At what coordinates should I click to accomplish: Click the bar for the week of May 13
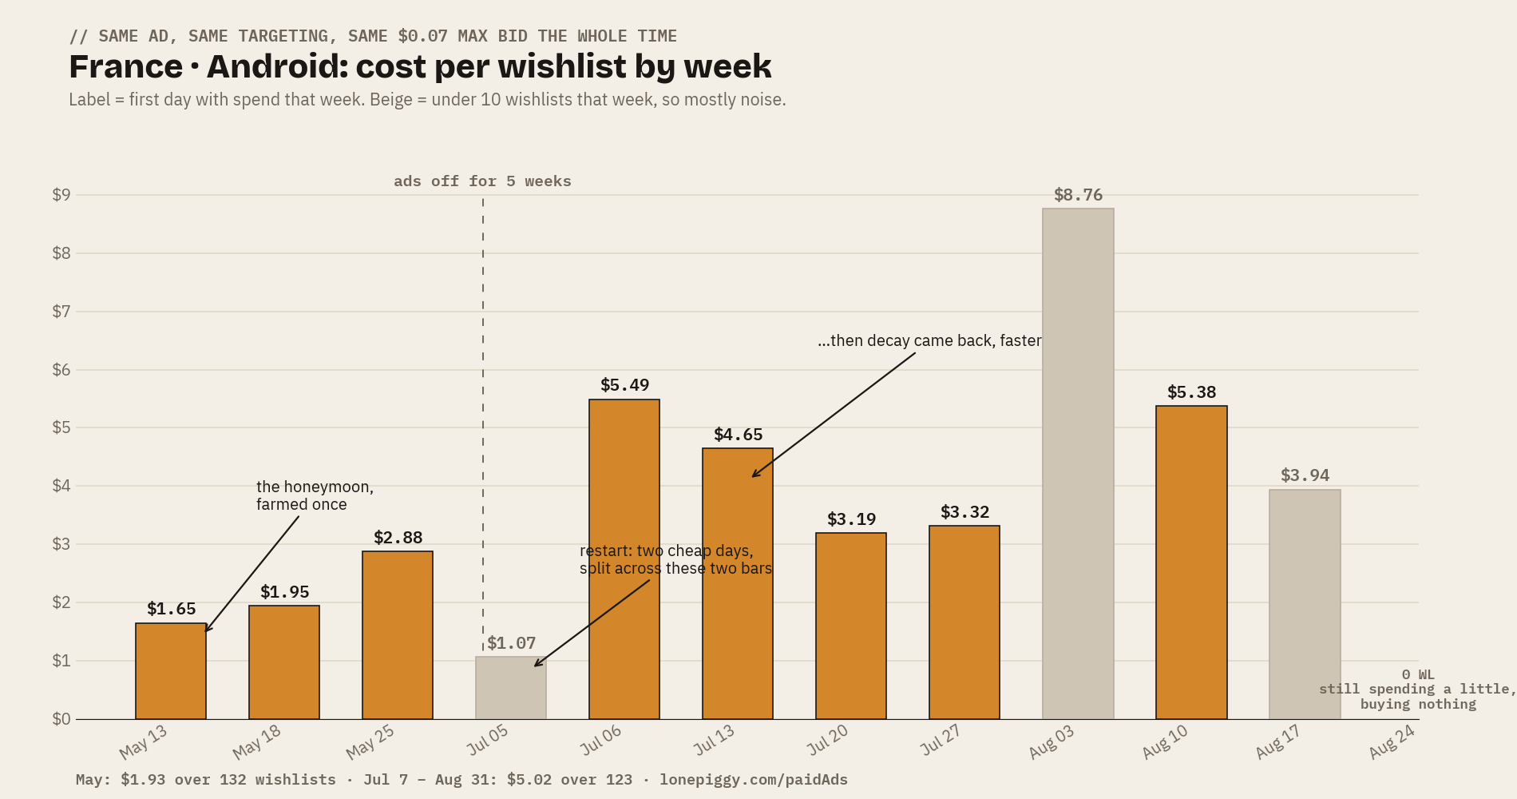(x=171, y=671)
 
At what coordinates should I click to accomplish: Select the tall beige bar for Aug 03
(x=1078, y=463)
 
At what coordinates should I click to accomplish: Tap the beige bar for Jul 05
(x=511, y=688)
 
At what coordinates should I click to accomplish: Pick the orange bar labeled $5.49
(x=624, y=559)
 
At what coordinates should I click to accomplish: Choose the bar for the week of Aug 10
(x=1191, y=562)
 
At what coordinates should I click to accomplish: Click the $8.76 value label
(x=1078, y=195)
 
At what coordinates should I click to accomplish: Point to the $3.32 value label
(x=964, y=512)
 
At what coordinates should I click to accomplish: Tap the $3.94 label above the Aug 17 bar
(x=1305, y=475)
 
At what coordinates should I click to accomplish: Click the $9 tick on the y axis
(x=61, y=195)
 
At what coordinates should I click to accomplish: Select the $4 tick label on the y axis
(x=61, y=486)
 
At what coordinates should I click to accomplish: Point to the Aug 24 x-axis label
(x=1392, y=742)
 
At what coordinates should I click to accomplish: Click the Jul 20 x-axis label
(x=826, y=741)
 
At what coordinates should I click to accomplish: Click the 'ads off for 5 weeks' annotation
(x=482, y=181)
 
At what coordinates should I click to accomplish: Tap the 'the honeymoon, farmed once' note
(x=315, y=495)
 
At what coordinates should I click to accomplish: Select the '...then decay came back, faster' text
(x=929, y=340)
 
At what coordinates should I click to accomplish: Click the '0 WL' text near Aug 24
(x=1418, y=674)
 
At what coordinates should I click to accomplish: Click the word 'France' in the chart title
(x=126, y=66)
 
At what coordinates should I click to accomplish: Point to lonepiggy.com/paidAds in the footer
(x=754, y=780)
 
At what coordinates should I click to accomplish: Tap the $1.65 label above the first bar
(x=171, y=609)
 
